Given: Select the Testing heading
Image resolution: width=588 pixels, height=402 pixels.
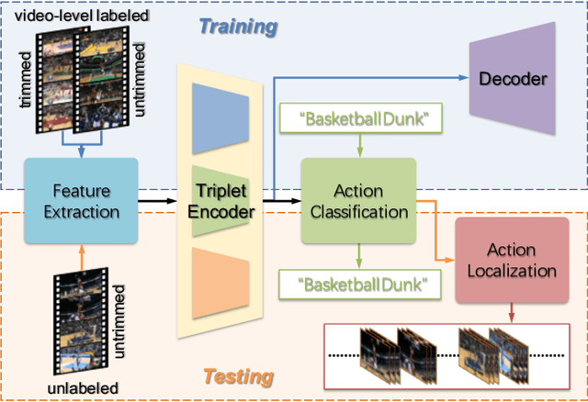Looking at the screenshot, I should point(237,376).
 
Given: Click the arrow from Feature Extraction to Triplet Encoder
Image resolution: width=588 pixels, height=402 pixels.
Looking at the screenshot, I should point(156,198).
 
